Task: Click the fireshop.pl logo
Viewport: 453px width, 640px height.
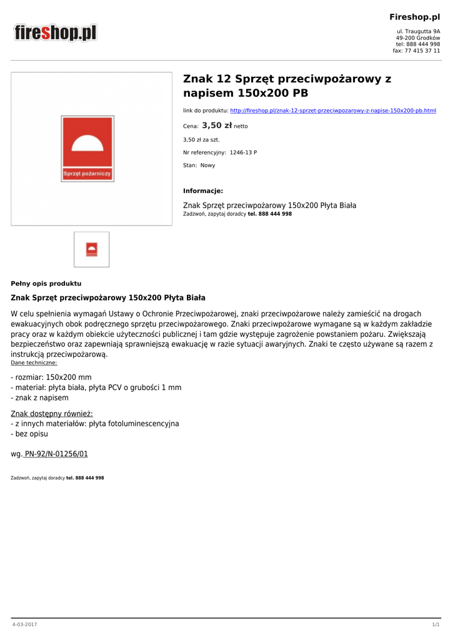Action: coord(56,32)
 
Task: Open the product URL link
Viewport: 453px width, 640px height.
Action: coord(333,111)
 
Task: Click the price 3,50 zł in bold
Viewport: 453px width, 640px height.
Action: coord(217,126)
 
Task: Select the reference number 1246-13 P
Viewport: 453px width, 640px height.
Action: coord(243,152)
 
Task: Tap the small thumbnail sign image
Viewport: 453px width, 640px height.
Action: coord(91,249)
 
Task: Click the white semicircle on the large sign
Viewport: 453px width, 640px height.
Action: coord(87,146)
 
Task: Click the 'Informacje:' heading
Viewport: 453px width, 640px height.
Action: coord(203,191)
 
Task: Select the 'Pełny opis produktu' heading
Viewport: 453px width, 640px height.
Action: coord(46,283)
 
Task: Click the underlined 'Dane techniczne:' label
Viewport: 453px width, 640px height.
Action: coord(34,362)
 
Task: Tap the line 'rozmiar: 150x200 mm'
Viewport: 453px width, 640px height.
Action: coord(51,377)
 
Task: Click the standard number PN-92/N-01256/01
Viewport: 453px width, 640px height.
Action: coord(56,454)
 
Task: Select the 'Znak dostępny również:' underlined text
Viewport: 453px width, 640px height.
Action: coord(52,413)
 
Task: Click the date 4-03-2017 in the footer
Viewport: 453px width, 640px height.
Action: coord(24,624)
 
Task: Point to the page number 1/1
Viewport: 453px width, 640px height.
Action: coord(436,624)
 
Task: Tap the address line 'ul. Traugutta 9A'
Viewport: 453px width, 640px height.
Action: coord(418,31)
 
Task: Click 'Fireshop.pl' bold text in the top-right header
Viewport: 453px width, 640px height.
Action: coord(415,17)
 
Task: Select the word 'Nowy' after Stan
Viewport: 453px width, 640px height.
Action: coord(207,166)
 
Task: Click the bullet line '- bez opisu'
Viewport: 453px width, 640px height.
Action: coord(29,434)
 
